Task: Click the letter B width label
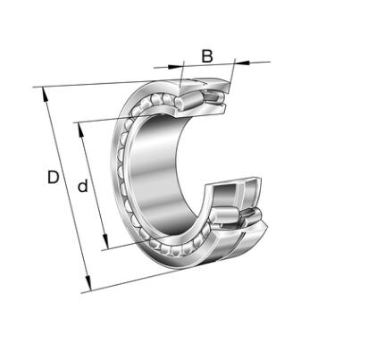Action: coord(207,56)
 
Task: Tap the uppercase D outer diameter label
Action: coord(54,177)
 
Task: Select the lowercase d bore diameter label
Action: coord(83,186)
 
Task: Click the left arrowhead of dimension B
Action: coord(175,66)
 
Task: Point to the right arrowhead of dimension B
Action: coord(242,63)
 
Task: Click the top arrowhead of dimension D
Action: coord(45,94)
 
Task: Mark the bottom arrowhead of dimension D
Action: coord(88,283)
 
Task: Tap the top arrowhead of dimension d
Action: coord(81,130)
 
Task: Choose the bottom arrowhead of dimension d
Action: coord(105,241)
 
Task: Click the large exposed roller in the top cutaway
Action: coord(188,100)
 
